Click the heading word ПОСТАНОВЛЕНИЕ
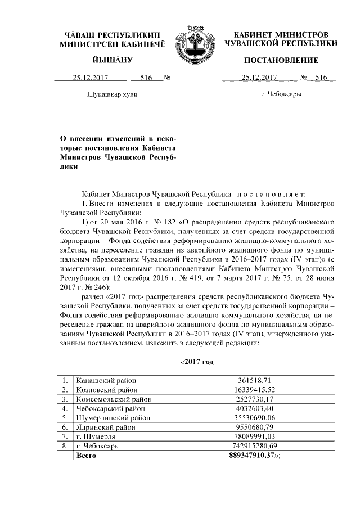tap(281, 60)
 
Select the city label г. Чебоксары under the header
tap(281, 94)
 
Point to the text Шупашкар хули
tap(110, 94)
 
